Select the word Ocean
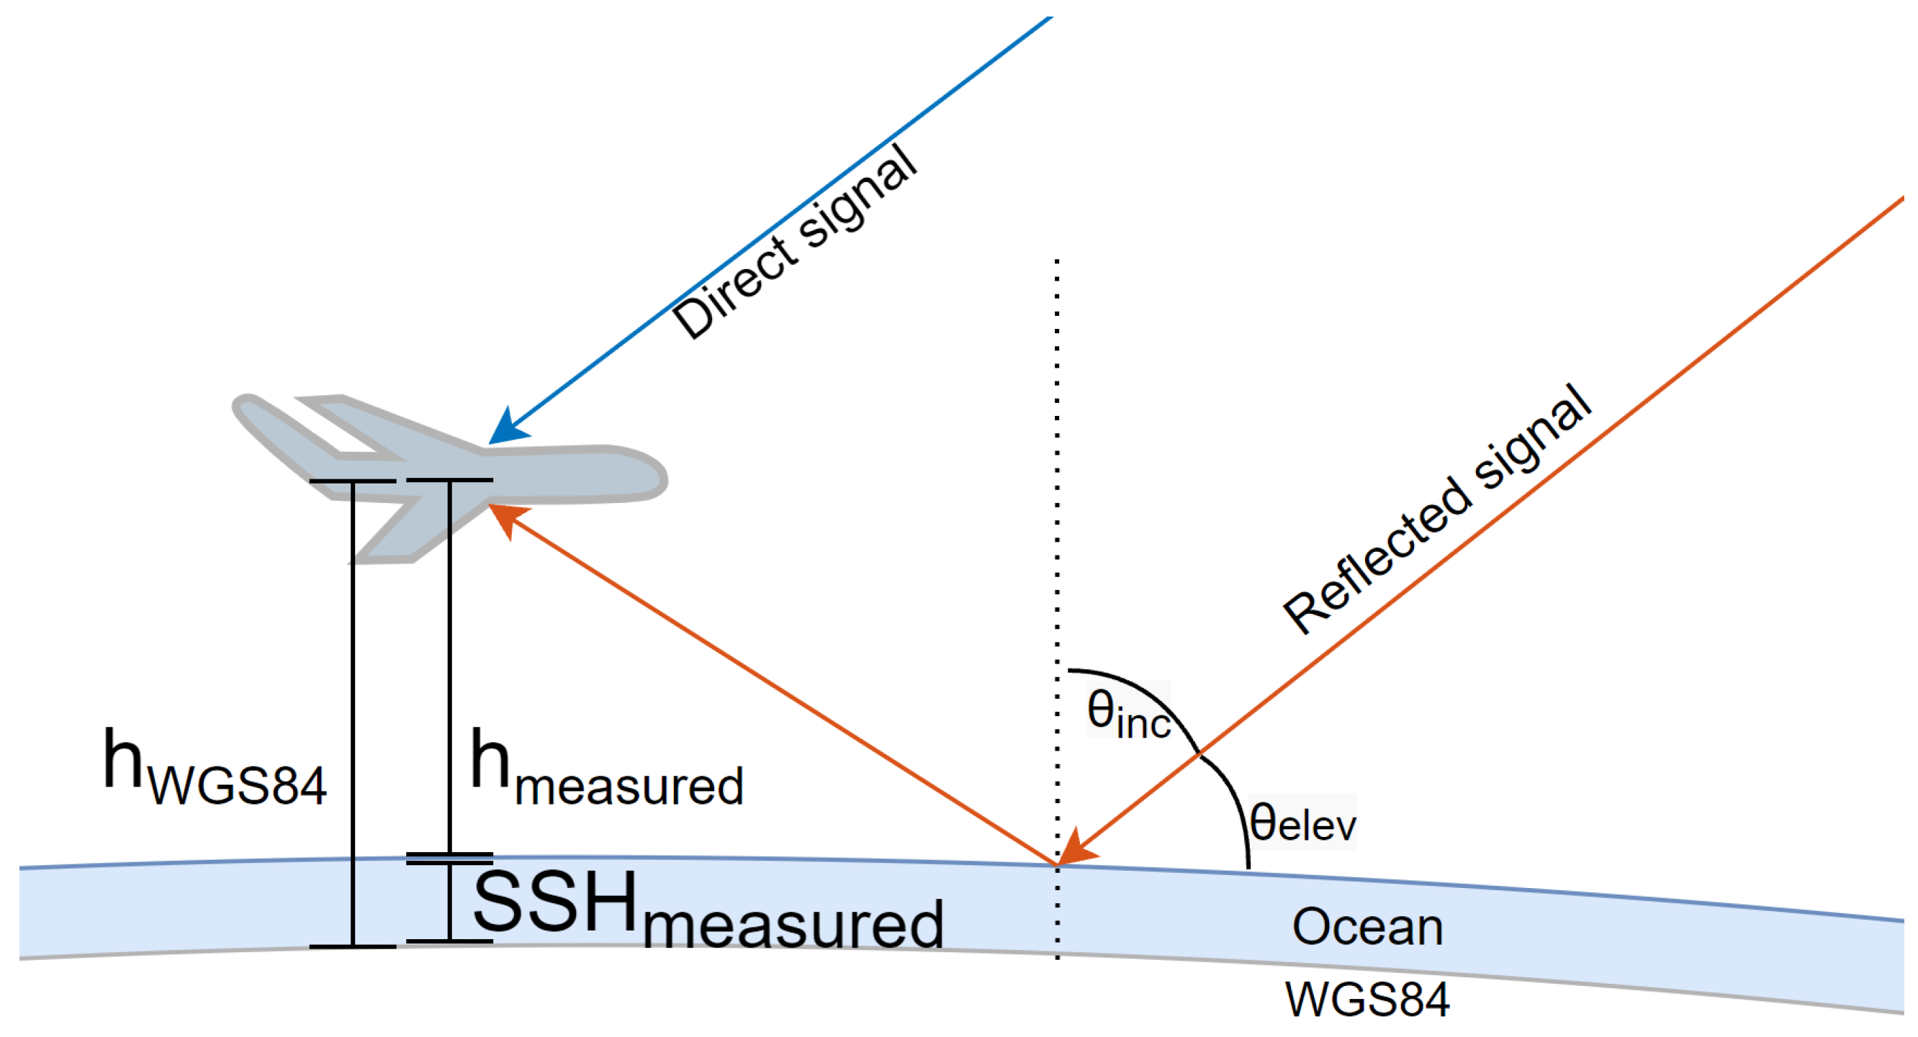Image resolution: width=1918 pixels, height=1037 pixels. click(1367, 928)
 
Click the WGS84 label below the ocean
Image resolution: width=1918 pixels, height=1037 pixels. click(1367, 999)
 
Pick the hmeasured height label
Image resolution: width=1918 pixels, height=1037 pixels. click(607, 770)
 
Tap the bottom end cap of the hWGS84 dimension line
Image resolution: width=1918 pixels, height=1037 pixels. click(353, 947)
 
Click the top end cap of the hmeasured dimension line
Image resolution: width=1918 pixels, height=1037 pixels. click(450, 480)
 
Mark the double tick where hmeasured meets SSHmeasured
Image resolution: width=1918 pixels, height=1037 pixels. click(450, 859)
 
